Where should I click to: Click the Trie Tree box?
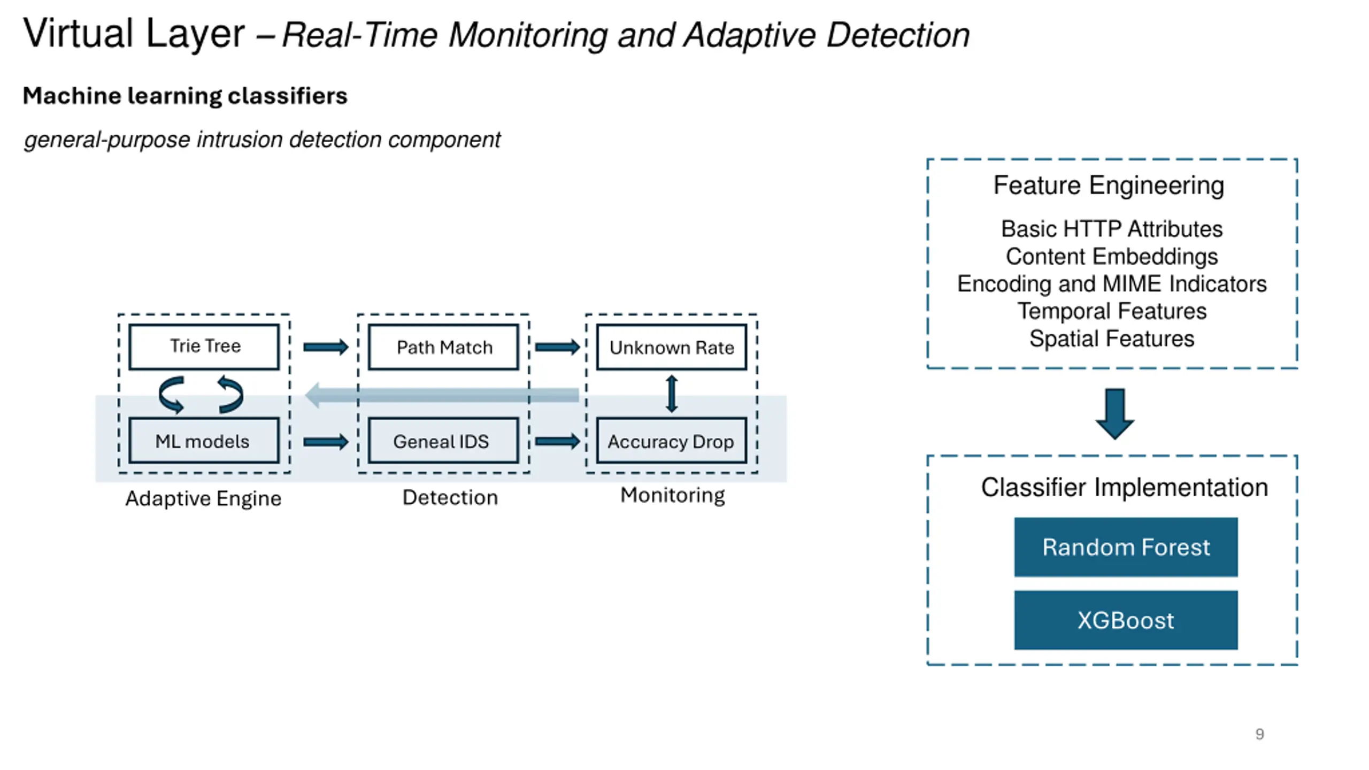tap(204, 346)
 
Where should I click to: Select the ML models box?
tap(204, 441)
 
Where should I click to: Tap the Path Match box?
tap(443, 347)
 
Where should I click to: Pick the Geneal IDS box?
tap(443, 441)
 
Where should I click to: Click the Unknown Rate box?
tap(672, 347)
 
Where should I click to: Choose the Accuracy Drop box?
tap(672, 441)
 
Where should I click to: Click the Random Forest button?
tap(1126, 547)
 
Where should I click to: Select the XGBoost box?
tap(1126, 620)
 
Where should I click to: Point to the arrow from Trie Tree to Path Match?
tap(326, 348)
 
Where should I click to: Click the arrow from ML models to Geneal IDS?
tap(326, 442)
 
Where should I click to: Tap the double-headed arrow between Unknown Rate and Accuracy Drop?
tap(672, 394)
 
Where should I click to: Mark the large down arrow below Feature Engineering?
tap(1115, 414)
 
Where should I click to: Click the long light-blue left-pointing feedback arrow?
tap(442, 395)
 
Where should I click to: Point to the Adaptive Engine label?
tap(203, 498)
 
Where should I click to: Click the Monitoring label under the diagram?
tap(672, 495)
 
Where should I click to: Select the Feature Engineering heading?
tap(1109, 186)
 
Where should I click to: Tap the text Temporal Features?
tap(1112, 311)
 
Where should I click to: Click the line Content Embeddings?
tap(1112, 257)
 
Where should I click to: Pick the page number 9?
tap(1259, 734)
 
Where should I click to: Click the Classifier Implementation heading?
tap(1124, 488)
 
